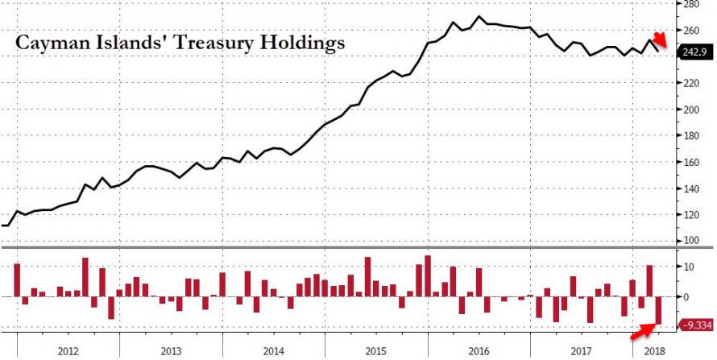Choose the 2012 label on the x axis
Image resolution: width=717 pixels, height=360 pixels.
[68, 350]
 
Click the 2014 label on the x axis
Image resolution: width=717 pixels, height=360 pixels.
[273, 350]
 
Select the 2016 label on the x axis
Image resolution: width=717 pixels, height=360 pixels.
[479, 350]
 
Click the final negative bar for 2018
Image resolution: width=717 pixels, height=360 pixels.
[658, 310]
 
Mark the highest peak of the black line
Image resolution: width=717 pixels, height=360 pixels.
[479, 16]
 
